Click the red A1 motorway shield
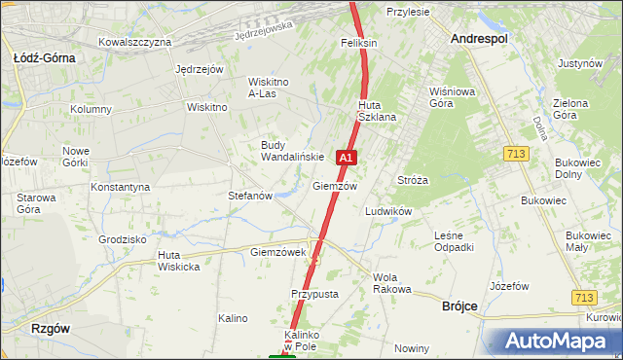click(346, 157)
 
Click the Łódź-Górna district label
click(45, 57)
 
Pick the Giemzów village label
click(335, 186)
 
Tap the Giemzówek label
click(278, 252)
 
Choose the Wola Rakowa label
click(393, 283)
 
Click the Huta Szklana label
click(377, 111)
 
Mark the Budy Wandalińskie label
click(292, 151)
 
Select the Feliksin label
click(359, 44)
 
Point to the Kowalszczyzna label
click(135, 42)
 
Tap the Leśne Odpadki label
click(454, 241)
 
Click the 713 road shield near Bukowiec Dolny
click(517, 154)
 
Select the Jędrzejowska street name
click(264, 32)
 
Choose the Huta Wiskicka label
click(179, 261)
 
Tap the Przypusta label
click(314, 294)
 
